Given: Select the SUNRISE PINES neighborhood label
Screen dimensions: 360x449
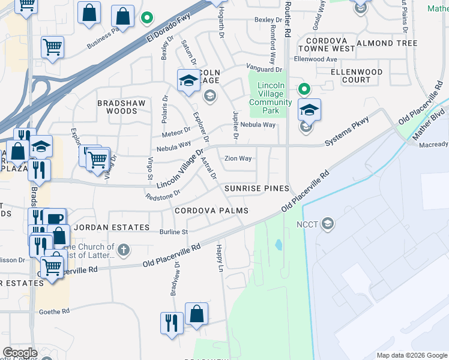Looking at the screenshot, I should [x=256, y=188].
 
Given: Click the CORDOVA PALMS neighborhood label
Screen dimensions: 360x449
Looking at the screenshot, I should [x=211, y=211].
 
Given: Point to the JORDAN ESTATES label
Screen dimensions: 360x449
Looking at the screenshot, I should [x=112, y=228].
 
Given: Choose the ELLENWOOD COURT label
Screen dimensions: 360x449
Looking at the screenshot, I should [x=357, y=76].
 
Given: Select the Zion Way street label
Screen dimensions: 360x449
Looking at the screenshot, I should [x=238, y=159].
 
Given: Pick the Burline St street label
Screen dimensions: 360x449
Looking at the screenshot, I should [x=173, y=232].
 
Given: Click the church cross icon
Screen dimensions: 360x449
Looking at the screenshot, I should [x=123, y=250].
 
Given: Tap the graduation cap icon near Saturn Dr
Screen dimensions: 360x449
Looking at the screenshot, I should [x=188, y=80].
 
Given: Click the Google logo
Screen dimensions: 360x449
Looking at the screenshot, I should [x=20, y=353].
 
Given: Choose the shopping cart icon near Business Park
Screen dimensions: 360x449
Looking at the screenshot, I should [x=53, y=47].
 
